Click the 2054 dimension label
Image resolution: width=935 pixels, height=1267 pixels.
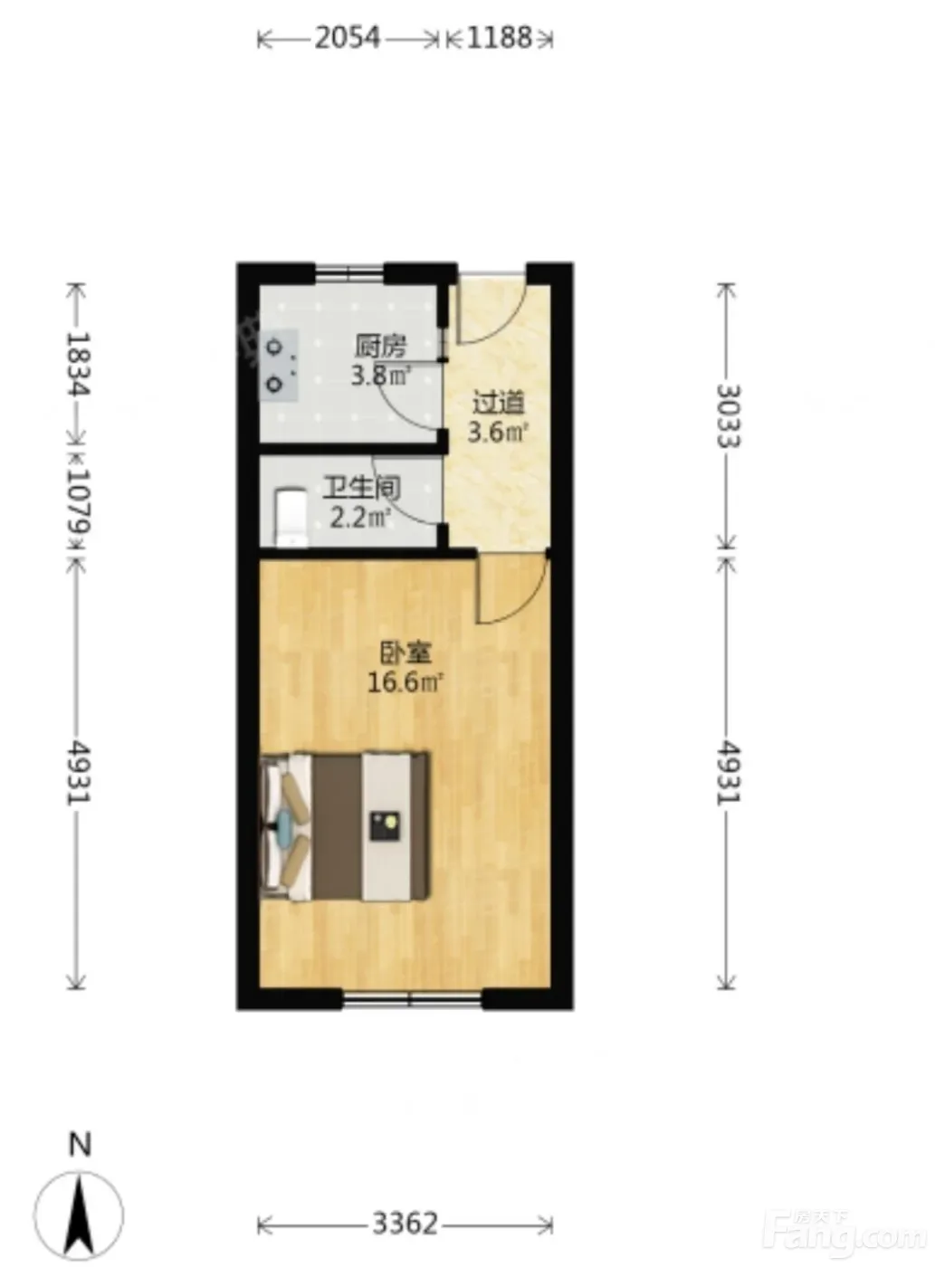348,38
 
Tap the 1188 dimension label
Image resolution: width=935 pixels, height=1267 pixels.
500,38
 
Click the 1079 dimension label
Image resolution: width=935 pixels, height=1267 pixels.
79,501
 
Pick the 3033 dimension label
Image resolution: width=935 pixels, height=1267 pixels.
728,416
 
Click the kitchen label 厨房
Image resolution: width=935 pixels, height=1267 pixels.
380,347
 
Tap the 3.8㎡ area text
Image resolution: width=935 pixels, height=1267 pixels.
381,376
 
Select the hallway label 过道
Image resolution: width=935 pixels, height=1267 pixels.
498,404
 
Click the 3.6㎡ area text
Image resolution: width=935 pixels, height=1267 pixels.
497,433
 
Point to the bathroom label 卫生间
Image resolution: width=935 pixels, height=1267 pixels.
361,489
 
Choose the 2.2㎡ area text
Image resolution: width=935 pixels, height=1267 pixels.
360,518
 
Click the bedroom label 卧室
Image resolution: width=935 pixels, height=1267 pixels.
405,654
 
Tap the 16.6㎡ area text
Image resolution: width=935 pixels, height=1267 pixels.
405,682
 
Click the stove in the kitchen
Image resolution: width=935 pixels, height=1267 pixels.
280,365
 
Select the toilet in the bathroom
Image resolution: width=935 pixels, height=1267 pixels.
291,518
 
